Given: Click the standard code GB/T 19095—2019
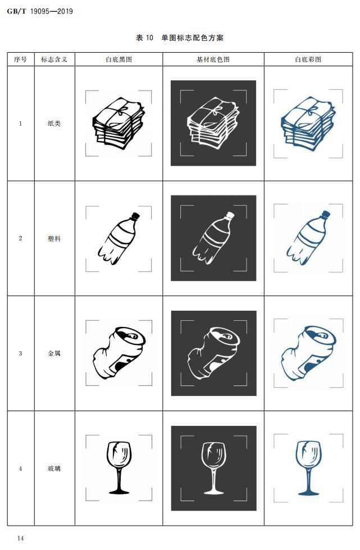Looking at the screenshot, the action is point(40,11).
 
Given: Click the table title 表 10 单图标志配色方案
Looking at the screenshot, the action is point(180,38).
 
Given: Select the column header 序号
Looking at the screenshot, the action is point(20,60).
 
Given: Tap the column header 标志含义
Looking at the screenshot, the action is point(54,60).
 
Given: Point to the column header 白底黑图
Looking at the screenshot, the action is point(119,60).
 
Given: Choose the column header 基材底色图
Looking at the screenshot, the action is point(213,60).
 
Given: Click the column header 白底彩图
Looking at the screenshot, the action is point(308,60).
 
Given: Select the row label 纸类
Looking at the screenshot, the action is point(54,124).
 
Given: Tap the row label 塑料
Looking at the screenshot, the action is point(54,239).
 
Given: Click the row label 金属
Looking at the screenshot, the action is point(54,353).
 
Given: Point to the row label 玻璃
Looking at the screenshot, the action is point(54,469).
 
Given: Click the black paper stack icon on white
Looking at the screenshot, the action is point(119,124).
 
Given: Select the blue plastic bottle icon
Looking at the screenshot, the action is point(308,238).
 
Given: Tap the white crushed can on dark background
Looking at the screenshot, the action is point(214,353).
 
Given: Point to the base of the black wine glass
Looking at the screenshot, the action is point(119,491).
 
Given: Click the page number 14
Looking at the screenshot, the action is point(20,538).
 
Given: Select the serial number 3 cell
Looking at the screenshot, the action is point(20,353).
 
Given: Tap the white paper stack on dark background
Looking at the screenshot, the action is point(213,124).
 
